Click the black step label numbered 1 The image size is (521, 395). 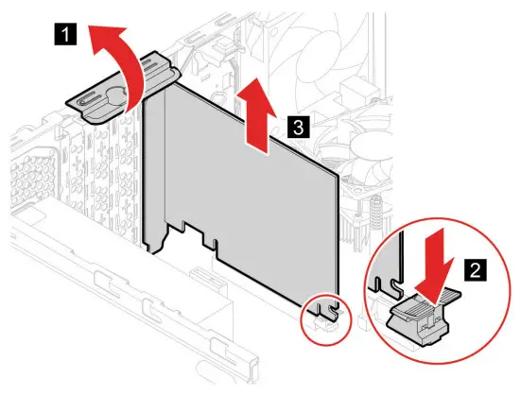pyautogui.click(x=65, y=33)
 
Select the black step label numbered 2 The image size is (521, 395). pyautogui.click(x=476, y=270)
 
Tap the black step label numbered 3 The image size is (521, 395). pyautogui.click(x=298, y=127)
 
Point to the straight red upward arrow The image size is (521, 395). pyautogui.click(x=256, y=116)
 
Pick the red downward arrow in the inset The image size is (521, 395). pyautogui.click(x=435, y=266)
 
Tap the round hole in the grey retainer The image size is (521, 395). pyautogui.click(x=116, y=94)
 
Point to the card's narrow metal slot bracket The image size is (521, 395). pyautogui.click(x=154, y=173)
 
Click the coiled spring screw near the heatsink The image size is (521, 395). pyautogui.click(x=375, y=213)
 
